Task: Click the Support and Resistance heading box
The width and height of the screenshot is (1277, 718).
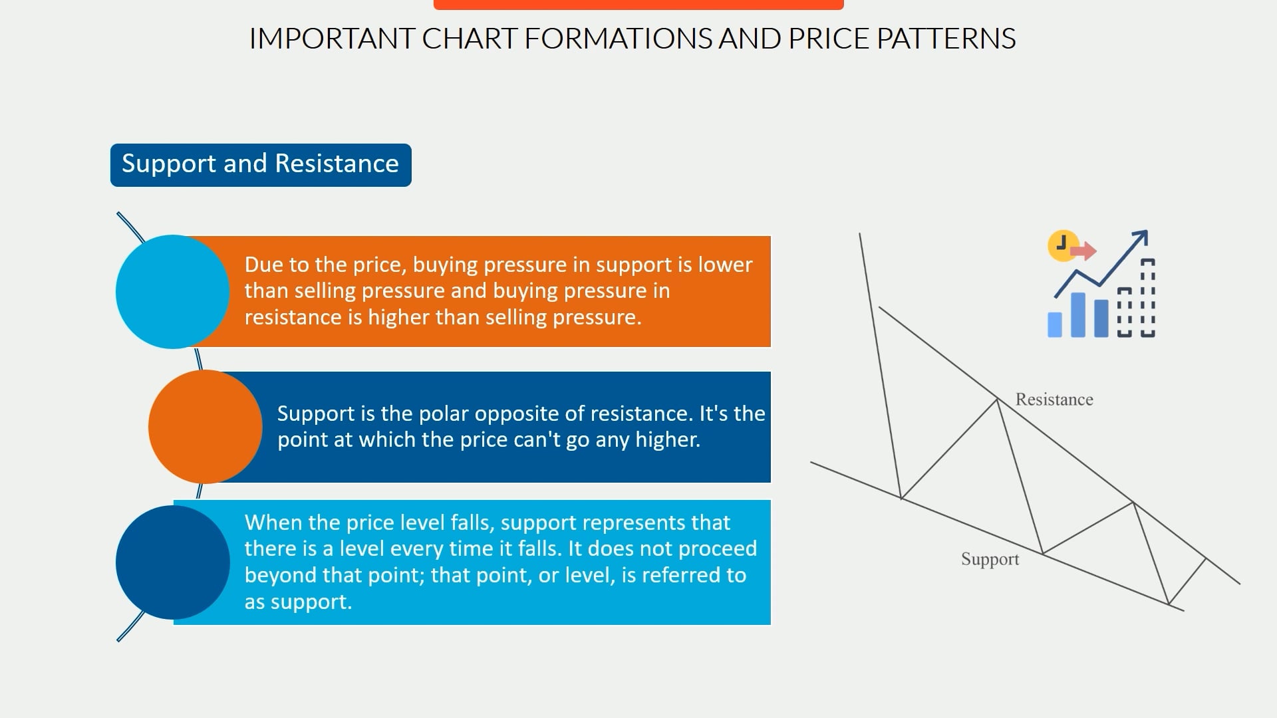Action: pyautogui.click(x=260, y=164)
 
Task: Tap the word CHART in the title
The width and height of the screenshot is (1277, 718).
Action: pyautogui.click(x=469, y=39)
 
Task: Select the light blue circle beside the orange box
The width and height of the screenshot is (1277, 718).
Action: pyautogui.click(x=172, y=291)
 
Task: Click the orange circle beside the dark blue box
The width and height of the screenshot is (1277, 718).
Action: pyautogui.click(x=205, y=427)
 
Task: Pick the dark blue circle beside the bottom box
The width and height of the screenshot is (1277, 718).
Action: pyautogui.click(x=172, y=562)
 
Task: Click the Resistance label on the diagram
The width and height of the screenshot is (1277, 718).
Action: pyautogui.click(x=1054, y=400)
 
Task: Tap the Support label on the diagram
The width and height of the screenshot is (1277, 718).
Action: pyautogui.click(x=990, y=559)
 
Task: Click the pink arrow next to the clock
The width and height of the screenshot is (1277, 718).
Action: pyautogui.click(x=1084, y=251)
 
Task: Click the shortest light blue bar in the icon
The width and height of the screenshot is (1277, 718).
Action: pyautogui.click(x=1055, y=324)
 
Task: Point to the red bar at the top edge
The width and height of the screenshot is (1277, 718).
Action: pyautogui.click(x=638, y=4)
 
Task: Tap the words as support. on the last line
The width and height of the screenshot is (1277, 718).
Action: pyautogui.click(x=298, y=602)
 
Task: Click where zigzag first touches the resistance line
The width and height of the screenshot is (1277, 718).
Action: pyautogui.click(x=997, y=400)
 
